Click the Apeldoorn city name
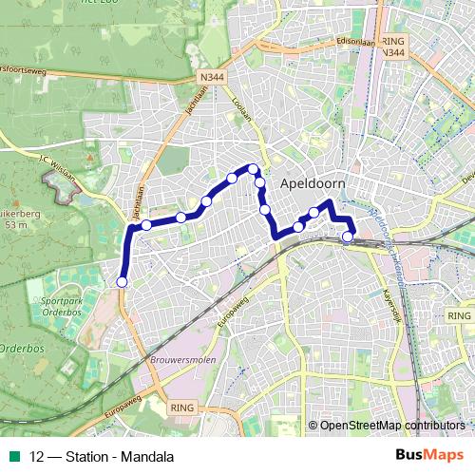(x=313, y=183)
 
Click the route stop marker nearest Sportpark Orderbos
(x=122, y=281)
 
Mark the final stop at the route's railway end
(x=349, y=237)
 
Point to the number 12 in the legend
(x=37, y=455)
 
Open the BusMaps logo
(x=429, y=454)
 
